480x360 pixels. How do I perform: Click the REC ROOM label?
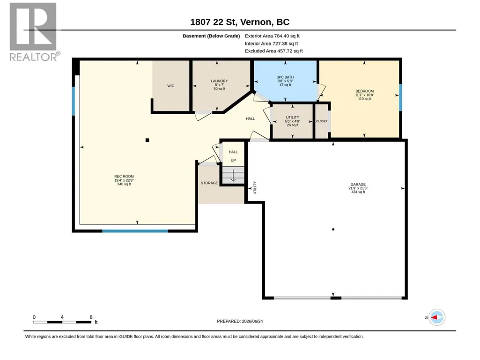(x=124, y=176)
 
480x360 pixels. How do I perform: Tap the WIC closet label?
(x=170, y=86)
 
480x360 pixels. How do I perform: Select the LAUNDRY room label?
(x=219, y=81)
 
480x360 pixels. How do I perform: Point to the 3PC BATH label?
(x=285, y=77)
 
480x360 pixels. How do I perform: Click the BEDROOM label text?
(x=365, y=91)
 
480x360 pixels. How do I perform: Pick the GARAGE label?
(x=358, y=184)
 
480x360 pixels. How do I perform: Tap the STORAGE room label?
(x=209, y=183)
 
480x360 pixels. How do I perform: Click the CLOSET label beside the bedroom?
(x=321, y=121)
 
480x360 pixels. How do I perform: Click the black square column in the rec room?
(x=147, y=140)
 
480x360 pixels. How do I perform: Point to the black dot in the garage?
(x=333, y=229)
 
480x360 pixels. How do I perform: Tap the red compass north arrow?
(x=434, y=317)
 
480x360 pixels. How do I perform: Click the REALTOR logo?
(x=34, y=32)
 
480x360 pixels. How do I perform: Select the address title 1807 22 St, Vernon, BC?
(x=240, y=22)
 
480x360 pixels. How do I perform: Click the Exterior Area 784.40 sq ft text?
(x=272, y=36)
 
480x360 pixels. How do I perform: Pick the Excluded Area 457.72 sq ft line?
(x=273, y=51)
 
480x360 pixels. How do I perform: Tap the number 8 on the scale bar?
(x=91, y=317)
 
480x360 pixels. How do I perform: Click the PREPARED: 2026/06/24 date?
(x=240, y=321)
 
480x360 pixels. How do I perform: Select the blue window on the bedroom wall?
(x=400, y=97)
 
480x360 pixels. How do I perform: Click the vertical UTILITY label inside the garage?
(x=255, y=188)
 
